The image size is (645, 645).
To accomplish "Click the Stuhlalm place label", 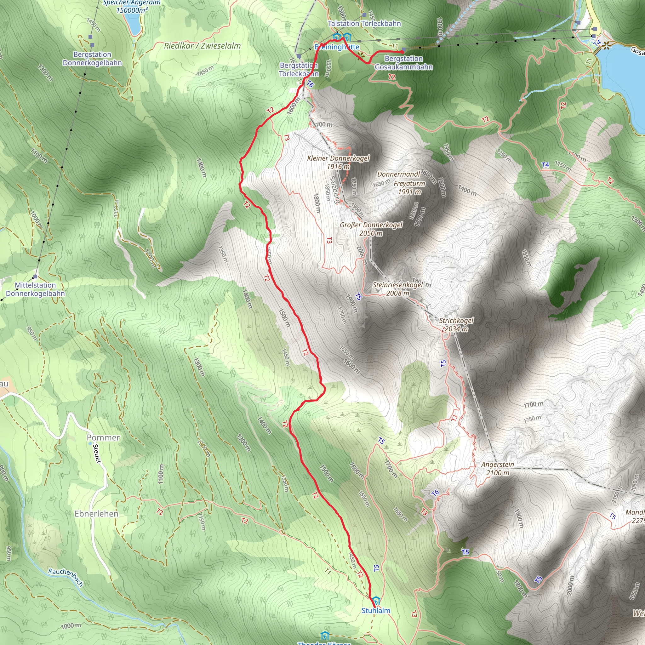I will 376,610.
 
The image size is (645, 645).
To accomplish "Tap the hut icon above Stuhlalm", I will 376,601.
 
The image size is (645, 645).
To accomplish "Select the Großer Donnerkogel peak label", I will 371,229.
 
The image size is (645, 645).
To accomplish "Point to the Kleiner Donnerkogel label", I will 338,162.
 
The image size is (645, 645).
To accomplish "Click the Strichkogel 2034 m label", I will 456,324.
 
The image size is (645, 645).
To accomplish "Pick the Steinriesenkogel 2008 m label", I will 398,289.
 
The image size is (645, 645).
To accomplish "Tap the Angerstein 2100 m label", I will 497,468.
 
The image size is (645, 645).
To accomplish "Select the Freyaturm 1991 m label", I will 409,188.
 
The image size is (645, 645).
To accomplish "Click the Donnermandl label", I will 399,174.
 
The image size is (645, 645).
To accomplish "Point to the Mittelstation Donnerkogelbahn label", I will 35,289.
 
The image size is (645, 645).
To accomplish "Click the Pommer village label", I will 103,438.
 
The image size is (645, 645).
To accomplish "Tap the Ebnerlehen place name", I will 96,514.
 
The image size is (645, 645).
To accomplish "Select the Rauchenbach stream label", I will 66,577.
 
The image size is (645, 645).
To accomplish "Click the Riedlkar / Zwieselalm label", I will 202,46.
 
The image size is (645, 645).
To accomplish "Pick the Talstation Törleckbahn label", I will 364,23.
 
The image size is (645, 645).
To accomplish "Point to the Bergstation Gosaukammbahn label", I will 404,63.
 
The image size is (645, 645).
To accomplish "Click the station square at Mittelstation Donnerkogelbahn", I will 35,277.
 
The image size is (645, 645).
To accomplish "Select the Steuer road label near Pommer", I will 97,454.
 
